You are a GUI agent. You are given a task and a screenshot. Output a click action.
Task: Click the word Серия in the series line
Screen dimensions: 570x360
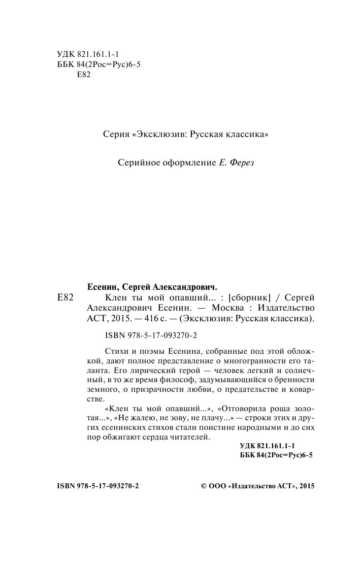click(x=114, y=135)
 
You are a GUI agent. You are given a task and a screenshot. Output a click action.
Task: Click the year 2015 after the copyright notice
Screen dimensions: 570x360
click(x=306, y=486)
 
